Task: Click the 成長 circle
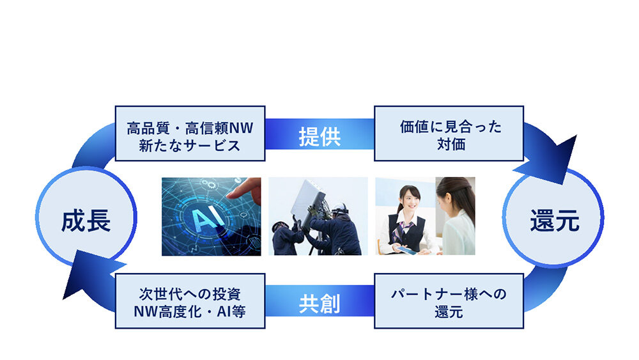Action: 86,221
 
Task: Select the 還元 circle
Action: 553,221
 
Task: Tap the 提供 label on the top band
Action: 319,136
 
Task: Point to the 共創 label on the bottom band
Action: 319,304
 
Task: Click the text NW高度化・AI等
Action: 190,311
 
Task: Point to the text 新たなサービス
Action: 190,145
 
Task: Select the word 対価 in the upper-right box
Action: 449,145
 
